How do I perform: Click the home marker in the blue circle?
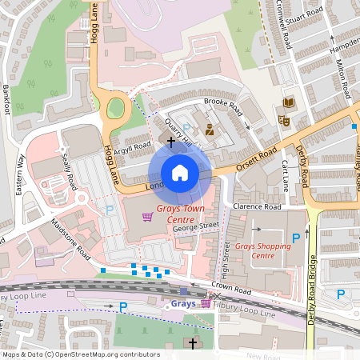pyautogui.click(x=180, y=173)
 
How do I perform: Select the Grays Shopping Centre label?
pyautogui.click(x=263, y=250)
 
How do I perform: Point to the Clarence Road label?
pyautogui.click(x=258, y=207)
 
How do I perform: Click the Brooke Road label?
pyautogui.click(x=222, y=104)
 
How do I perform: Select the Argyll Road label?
pyautogui.click(x=132, y=147)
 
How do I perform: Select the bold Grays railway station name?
pyautogui.click(x=183, y=304)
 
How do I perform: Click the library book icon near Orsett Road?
pyautogui.click(x=288, y=102)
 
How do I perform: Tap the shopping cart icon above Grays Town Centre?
pyautogui.click(x=146, y=217)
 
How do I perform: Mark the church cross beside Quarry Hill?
pyautogui.click(x=170, y=140)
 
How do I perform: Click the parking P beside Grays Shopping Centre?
pyautogui.click(x=297, y=238)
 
